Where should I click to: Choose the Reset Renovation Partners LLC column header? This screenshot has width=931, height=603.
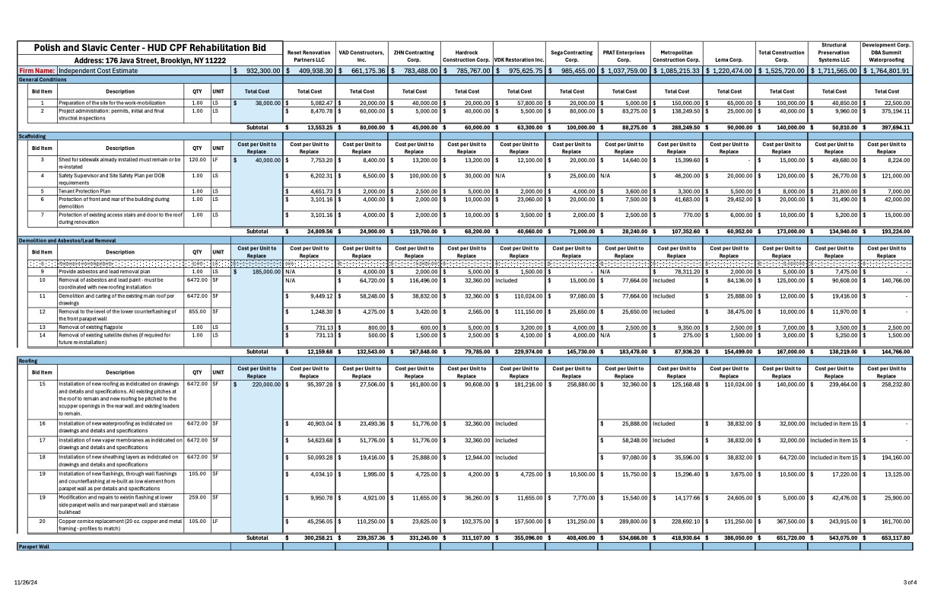coord(309,56)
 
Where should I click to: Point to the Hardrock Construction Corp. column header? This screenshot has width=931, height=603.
coord(466,56)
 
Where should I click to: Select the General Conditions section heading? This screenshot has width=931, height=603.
coord(43,79)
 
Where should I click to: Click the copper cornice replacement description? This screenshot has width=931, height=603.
coord(119,525)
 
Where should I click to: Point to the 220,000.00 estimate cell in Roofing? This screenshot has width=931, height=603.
coord(259,384)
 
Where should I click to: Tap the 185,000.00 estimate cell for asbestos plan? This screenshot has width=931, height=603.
coord(259,271)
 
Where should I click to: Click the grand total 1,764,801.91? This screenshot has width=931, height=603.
coord(886,70)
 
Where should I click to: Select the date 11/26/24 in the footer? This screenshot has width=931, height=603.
coord(26,582)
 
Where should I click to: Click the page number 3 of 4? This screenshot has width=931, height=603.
coord(910,582)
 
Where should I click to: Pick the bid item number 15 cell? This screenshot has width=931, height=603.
coord(43,384)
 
